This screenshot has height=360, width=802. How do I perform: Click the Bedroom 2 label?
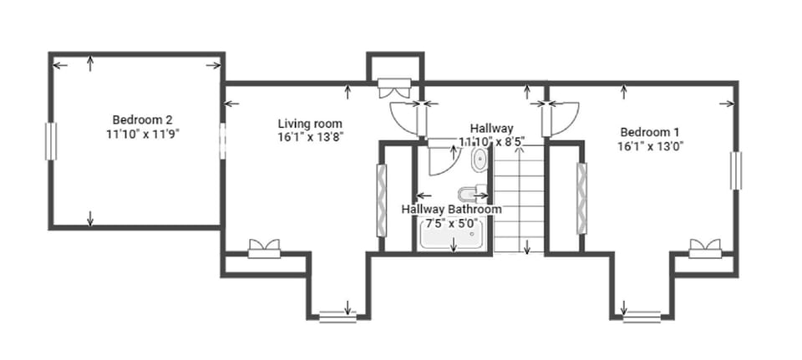(x=143, y=119)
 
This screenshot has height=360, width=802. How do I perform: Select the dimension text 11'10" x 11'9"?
(x=143, y=132)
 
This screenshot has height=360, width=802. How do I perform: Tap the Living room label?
(x=311, y=124)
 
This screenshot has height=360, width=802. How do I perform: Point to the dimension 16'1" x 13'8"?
(x=311, y=136)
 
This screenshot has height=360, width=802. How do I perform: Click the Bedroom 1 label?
(x=649, y=132)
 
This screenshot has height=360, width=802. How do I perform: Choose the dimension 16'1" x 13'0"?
(x=649, y=145)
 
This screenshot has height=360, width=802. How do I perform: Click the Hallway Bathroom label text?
(x=451, y=209)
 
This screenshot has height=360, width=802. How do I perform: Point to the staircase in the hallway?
(x=519, y=200)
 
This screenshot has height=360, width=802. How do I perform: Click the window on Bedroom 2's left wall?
(x=51, y=140)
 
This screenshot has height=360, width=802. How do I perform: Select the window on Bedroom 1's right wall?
(x=735, y=170)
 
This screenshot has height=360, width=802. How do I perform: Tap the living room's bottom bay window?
(x=338, y=316)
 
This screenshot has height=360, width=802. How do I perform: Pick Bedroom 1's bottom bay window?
(x=642, y=316)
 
